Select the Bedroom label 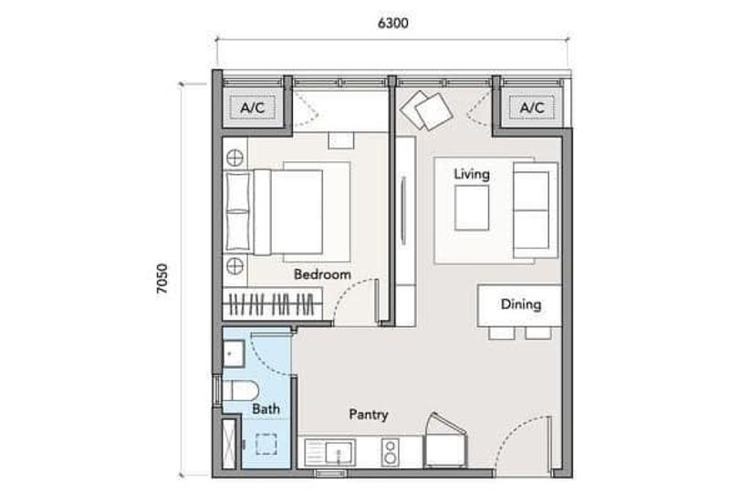[x=322, y=273]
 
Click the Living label [x=472, y=173]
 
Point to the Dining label [x=520, y=304]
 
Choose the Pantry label [x=369, y=415]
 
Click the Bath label [x=266, y=409]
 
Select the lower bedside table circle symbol [x=235, y=266]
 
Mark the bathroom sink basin [x=233, y=350]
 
